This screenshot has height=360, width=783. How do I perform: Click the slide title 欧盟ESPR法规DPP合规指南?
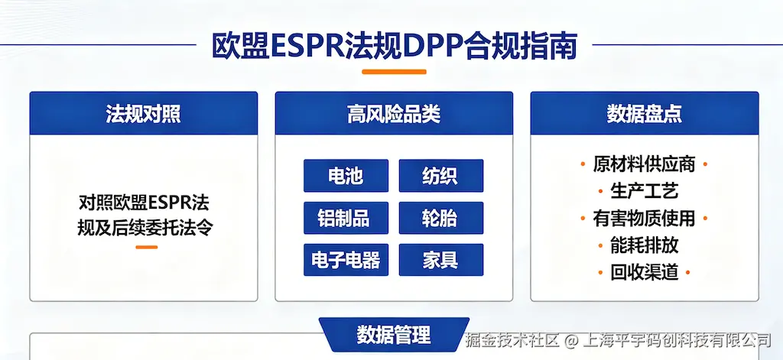394,46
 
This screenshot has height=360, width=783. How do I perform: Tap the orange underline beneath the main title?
394,72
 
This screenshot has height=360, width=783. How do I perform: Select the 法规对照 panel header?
144,113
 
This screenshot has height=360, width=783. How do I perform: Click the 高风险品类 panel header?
394,113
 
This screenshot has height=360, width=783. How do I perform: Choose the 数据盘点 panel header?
645,113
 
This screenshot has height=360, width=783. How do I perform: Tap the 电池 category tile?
346,176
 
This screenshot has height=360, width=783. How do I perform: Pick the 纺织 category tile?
441,176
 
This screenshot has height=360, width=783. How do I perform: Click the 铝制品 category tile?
346,218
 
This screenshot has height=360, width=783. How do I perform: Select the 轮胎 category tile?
441,218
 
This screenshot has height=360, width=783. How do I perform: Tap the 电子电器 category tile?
346,260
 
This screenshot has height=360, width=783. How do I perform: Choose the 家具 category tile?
441,260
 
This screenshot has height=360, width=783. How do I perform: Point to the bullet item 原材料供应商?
644,164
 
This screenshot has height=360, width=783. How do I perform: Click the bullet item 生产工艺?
644,191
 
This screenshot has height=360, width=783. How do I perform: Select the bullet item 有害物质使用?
644,218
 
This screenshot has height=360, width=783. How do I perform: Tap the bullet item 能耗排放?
644,245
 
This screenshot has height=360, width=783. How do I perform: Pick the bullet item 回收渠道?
644,272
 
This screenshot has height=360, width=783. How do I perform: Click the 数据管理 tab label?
394,335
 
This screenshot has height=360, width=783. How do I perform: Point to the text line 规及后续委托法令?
145,229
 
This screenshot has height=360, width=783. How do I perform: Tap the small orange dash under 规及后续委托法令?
146,247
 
